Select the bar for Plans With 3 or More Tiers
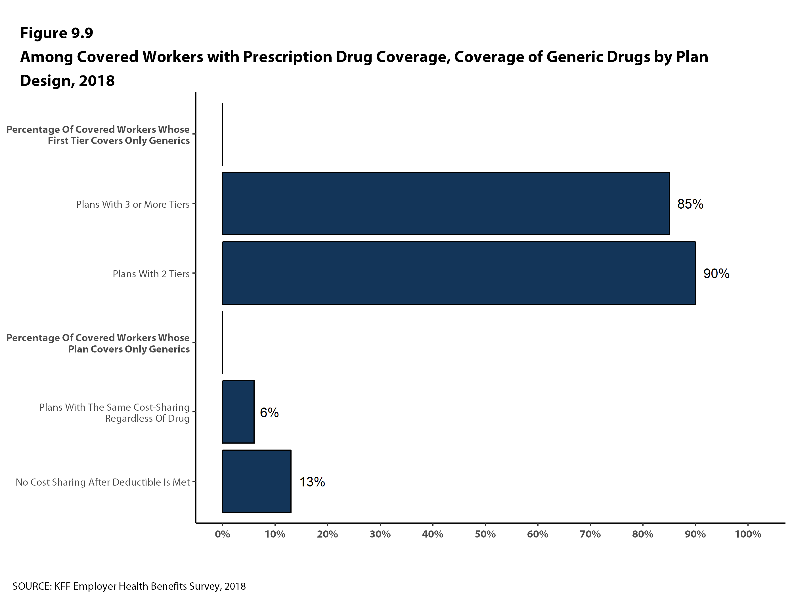pos(446,204)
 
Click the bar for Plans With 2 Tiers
pos(459,273)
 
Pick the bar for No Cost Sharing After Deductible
pos(256,481)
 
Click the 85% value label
pos(690,204)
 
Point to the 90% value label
pos(716,274)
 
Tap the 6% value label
pos(269,413)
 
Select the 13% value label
pos(312,482)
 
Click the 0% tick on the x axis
pos(222,534)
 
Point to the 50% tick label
pos(485,534)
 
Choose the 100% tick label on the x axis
pos(748,534)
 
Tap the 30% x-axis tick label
pos(380,534)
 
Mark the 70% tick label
pos(590,534)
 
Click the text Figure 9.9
pos(56,33)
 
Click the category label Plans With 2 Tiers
pos(151,274)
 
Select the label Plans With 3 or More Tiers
pos(133,204)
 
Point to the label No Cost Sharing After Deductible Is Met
pos(102,482)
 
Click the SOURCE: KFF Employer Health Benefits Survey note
pos(129,586)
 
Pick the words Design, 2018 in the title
pos(67,81)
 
